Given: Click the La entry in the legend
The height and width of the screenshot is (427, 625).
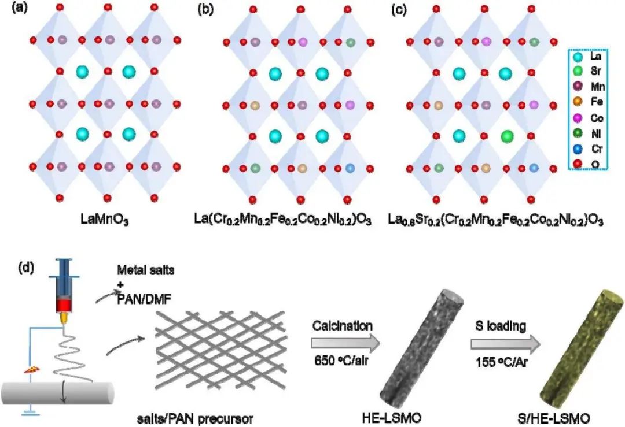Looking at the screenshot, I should (x=584, y=57).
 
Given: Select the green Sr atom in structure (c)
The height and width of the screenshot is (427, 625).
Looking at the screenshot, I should (x=507, y=136).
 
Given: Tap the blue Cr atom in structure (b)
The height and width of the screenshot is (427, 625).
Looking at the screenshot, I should (x=349, y=168).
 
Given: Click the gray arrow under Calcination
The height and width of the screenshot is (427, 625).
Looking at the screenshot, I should (x=344, y=345).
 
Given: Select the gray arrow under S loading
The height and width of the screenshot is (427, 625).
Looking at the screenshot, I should (x=505, y=345).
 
